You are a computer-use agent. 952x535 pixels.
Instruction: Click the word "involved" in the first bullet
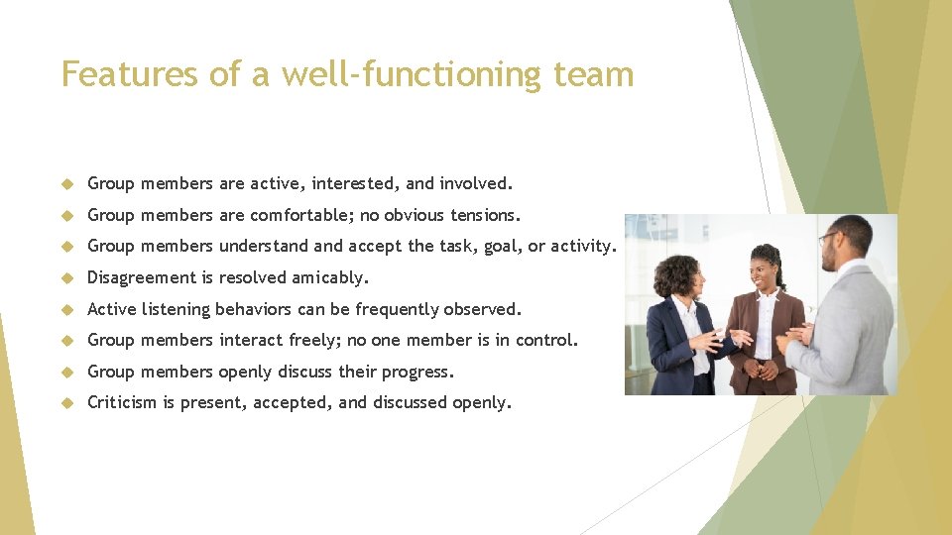474,183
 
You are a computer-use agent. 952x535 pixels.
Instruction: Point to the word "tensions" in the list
485,215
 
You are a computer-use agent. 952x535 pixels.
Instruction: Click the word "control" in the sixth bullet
549,340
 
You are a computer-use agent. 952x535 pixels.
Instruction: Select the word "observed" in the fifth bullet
482,309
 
